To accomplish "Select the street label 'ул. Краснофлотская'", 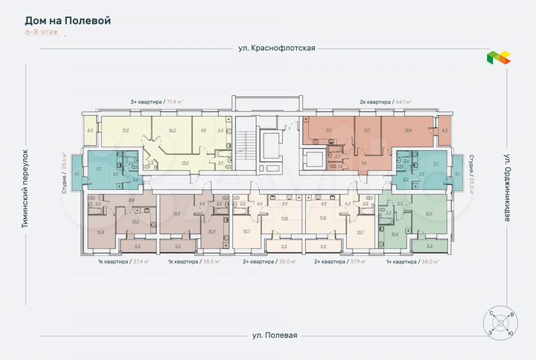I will [x=272, y=48].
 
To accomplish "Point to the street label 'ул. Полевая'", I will [x=275, y=335].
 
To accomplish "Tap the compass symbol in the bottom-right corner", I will [x=500, y=324].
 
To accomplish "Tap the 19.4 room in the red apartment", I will [x=408, y=130].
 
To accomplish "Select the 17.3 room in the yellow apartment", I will [x=126, y=130].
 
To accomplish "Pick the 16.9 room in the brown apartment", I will [x=176, y=213].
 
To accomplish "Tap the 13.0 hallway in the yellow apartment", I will [x=184, y=162].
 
